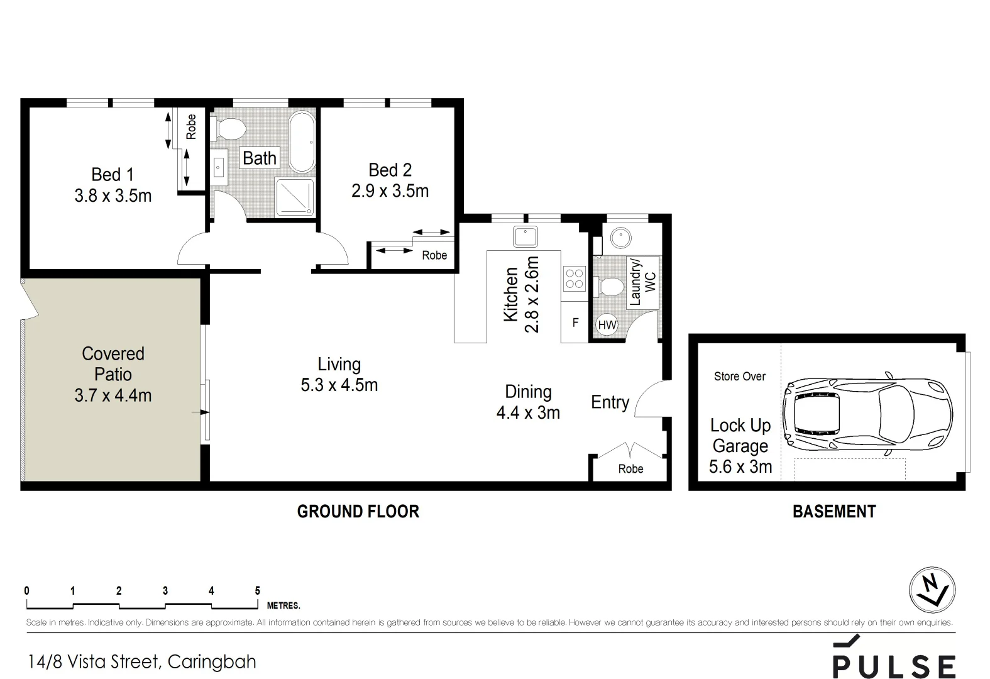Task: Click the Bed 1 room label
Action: (113, 174)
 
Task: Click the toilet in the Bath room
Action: (229, 130)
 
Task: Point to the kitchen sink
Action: (525, 237)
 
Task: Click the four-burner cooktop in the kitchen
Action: (574, 279)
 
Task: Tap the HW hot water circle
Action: (607, 325)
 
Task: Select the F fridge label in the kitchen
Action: (575, 323)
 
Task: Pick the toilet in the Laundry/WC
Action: (610, 287)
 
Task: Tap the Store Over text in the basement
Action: (739, 377)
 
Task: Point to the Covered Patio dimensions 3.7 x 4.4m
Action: (113, 395)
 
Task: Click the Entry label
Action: (610, 402)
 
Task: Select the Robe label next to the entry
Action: (630, 469)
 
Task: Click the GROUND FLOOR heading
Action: (358, 512)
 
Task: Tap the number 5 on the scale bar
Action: (257, 590)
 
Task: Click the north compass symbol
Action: (932, 590)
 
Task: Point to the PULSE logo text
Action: (894, 666)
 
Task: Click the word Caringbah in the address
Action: (212, 662)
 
